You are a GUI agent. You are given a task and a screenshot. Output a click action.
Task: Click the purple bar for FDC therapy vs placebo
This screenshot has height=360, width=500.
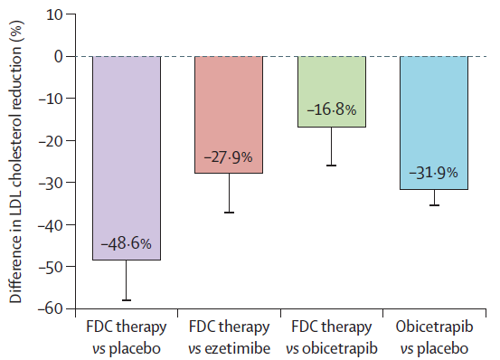pyautogui.click(x=127, y=158)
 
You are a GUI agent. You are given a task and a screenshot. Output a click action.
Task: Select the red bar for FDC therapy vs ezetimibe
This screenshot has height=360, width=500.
pyautogui.click(x=229, y=115)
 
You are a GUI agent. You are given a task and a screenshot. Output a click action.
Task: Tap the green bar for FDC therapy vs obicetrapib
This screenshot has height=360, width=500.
pyautogui.click(x=332, y=91)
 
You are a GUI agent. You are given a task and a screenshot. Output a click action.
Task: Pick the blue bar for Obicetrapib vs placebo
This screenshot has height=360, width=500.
pyautogui.click(x=434, y=123)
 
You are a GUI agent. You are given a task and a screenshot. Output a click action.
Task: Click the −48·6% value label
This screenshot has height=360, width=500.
pyautogui.click(x=127, y=244)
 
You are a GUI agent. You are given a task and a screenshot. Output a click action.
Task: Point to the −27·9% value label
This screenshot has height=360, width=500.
pyautogui.click(x=229, y=157)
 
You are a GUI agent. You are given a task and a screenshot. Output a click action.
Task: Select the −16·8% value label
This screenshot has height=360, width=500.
pyautogui.click(x=332, y=110)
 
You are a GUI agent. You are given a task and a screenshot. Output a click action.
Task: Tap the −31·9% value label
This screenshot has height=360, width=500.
pyautogui.click(x=434, y=173)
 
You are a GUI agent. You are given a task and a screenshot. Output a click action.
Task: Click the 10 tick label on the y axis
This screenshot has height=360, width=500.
pyautogui.click(x=54, y=14)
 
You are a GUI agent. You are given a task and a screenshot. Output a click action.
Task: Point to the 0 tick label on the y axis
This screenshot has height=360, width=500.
pyautogui.click(x=59, y=56)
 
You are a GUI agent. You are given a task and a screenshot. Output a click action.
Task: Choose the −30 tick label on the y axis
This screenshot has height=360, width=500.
pyautogui.click(x=51, y=183)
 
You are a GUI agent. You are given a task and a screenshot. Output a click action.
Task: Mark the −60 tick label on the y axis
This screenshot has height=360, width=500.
pyautogui.click(x=51, y=308)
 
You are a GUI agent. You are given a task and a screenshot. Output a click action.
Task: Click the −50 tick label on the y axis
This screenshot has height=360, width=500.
pyautogui.click(x=51, y=267)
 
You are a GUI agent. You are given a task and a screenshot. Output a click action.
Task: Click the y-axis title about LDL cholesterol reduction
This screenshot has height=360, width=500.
pyautogui.click(x=15, y=161)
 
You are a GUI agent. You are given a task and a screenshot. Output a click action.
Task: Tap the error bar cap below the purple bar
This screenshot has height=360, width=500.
pyautogui.click(x=127, y=300)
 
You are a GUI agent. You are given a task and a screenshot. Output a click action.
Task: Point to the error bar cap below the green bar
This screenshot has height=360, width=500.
pyautogui.click(x=331, y=166)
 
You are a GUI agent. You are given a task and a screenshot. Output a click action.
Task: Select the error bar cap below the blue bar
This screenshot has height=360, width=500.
pyautogui.click(x=434, y=205)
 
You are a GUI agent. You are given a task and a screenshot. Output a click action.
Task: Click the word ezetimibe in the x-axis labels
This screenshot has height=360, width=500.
pyautogui.click(x=237, y=348)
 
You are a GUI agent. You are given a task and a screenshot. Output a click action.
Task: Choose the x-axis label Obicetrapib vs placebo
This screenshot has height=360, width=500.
pyautogui.click(x=434, y=337)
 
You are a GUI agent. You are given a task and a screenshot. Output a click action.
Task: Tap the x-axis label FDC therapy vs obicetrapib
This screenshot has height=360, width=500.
pyautogui.click(x=332, y=337)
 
